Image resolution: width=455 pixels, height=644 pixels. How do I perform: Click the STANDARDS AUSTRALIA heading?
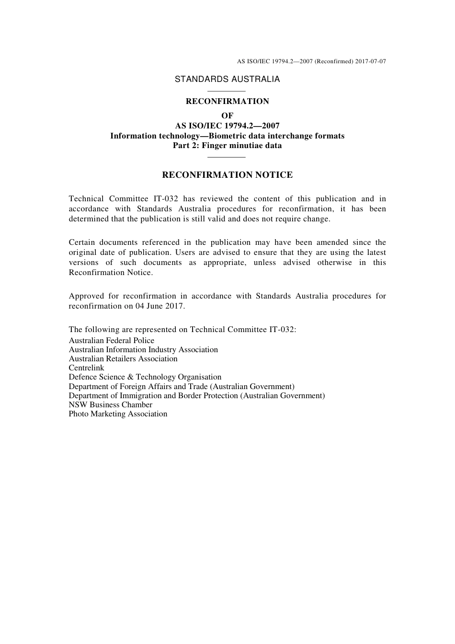(x=227, y=80)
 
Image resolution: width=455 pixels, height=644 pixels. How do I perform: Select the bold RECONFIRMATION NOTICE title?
(x=227, y=175)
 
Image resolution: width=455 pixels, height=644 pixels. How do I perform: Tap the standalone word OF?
(x=227, y=115)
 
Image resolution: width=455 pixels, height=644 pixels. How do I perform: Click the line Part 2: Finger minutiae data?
(x=227, y=146)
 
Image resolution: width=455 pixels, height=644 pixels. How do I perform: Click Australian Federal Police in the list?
(x=111, y=341)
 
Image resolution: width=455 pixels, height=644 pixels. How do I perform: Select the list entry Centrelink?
(x=86, y=368)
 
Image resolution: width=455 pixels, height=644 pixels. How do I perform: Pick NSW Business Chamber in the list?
(x=110, y=405)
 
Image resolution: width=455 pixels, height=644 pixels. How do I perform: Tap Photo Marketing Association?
(x=118, y=414)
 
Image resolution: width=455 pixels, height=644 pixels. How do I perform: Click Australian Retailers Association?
(x=123, y=359)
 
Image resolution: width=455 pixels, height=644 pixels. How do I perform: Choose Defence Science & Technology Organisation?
(x=145, y=377)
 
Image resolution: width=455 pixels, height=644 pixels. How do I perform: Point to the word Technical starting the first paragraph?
(x=86, y=199)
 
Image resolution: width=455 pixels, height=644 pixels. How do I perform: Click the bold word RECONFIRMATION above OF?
(x=227, y=102)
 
